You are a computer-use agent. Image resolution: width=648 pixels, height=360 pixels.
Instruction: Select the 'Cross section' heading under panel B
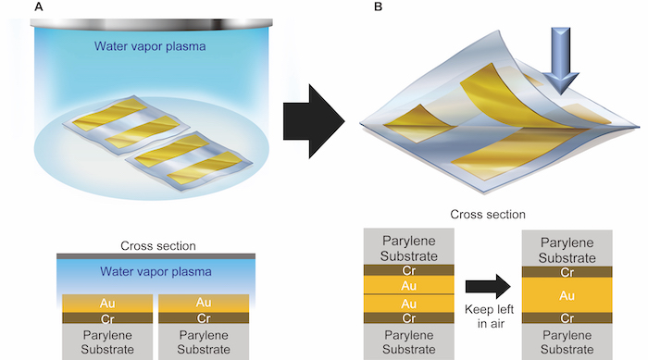pos(488,214)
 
